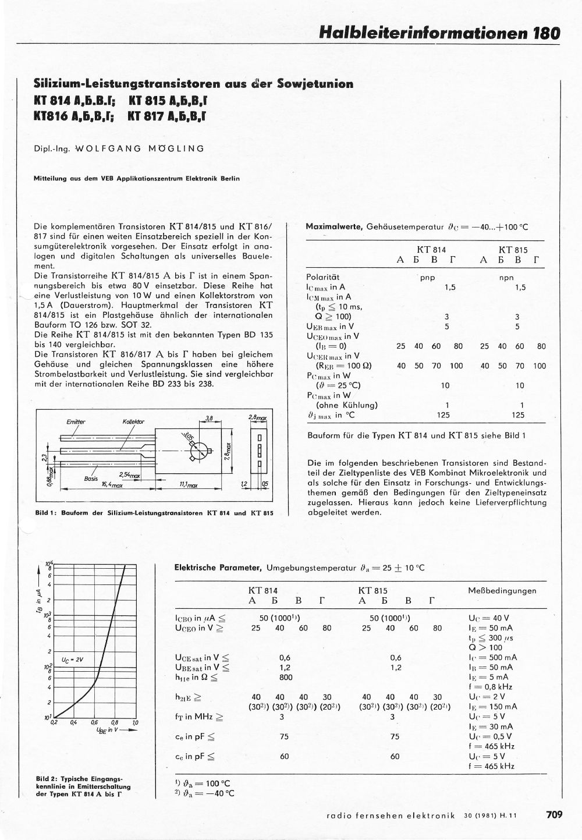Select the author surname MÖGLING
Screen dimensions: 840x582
pyautogui.click(x=176, y=148)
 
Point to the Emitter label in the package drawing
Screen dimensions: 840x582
pyautogui.click(x=76, y=421)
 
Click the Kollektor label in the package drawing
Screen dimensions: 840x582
pyautogui.click(x=133, y=421)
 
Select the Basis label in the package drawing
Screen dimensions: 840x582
pyautogui.click(x=90, y=479)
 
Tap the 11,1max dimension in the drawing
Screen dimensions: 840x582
pyautogui.click(x=188, y=484)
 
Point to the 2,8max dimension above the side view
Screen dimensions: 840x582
pyautogui.click(x=257, y=418)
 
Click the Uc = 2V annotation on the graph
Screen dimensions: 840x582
pyautogui.click(x=73, y=660)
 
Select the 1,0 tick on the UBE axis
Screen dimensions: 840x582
pyautogui.click(x=135, y=722)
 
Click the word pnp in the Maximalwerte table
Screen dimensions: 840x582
pyautogui.click(x=428, y=278)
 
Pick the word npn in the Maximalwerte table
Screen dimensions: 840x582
pyautogui.click(x=506, y=278)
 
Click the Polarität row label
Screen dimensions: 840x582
pyautogui.click(x=322, y=278)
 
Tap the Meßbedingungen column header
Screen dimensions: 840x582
pyautogui.click(x=502, y=590)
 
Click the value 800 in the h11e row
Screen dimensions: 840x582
pyautogui.click(x=285, y=677)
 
